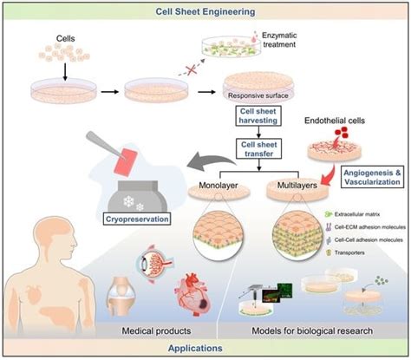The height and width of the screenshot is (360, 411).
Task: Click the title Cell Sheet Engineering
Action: pos(205,11)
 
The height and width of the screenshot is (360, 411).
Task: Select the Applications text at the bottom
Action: pos(205,350)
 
